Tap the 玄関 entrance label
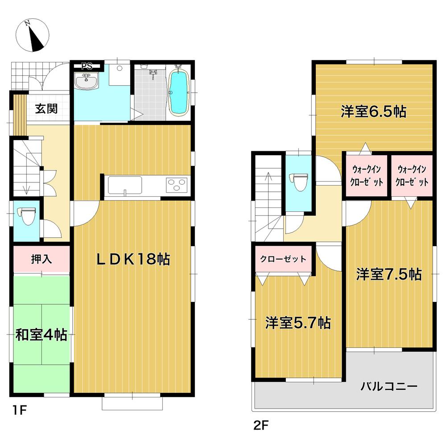(46, 108)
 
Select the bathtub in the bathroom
(179, 91)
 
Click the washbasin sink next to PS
(87, 83)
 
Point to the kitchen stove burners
(177, 185)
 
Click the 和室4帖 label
(42, 334)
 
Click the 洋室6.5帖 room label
(373, 111)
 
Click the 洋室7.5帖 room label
(388, 274)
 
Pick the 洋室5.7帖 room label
(298, 322)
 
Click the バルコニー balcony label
(388, 386)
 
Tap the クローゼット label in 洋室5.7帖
(284, 259)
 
